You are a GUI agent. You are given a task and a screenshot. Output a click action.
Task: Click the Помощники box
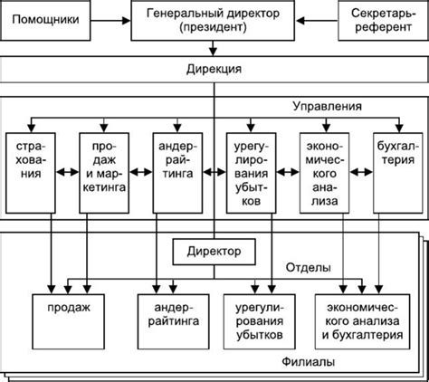[x=45, y=20]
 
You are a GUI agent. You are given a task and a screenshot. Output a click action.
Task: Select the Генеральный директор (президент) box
[x=213, y=20]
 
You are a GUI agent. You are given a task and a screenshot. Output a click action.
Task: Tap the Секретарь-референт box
[x=383, y=20]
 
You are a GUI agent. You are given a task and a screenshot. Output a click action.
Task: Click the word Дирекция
[x=214, y=69]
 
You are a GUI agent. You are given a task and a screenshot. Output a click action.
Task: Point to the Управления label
[x=327, y=106]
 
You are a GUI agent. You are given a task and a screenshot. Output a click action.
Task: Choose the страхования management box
[x=31, y=173]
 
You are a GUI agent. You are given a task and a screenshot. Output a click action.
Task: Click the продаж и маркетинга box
[x=104, y=173]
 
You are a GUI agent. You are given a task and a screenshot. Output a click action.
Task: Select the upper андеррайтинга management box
[x=177, y=173]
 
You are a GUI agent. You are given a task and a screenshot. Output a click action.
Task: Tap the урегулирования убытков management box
[x=251, y=173]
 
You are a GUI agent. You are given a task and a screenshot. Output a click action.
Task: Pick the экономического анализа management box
[x=324, y=173]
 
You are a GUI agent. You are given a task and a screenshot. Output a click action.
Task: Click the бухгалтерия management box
[x=398, y=173]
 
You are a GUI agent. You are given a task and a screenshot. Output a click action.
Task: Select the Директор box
[x=214, y=252]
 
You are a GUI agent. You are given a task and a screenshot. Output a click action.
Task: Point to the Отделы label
[x=309, y=267]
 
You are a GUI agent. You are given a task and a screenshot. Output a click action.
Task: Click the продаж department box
[x=69, y=321]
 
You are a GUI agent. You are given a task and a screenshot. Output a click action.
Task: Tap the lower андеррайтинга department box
[x=174, y=321]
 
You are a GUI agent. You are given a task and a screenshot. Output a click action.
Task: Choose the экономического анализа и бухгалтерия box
[x=362, y=321]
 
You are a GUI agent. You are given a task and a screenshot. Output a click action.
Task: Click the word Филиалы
[x=309, y=361]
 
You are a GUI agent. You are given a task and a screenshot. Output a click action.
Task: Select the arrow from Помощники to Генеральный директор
[x=110, y=21]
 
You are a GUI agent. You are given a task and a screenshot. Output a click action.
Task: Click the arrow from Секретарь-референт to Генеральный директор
[x=317, y=21]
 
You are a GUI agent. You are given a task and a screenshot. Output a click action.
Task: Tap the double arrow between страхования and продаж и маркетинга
[x=68, y=172]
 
